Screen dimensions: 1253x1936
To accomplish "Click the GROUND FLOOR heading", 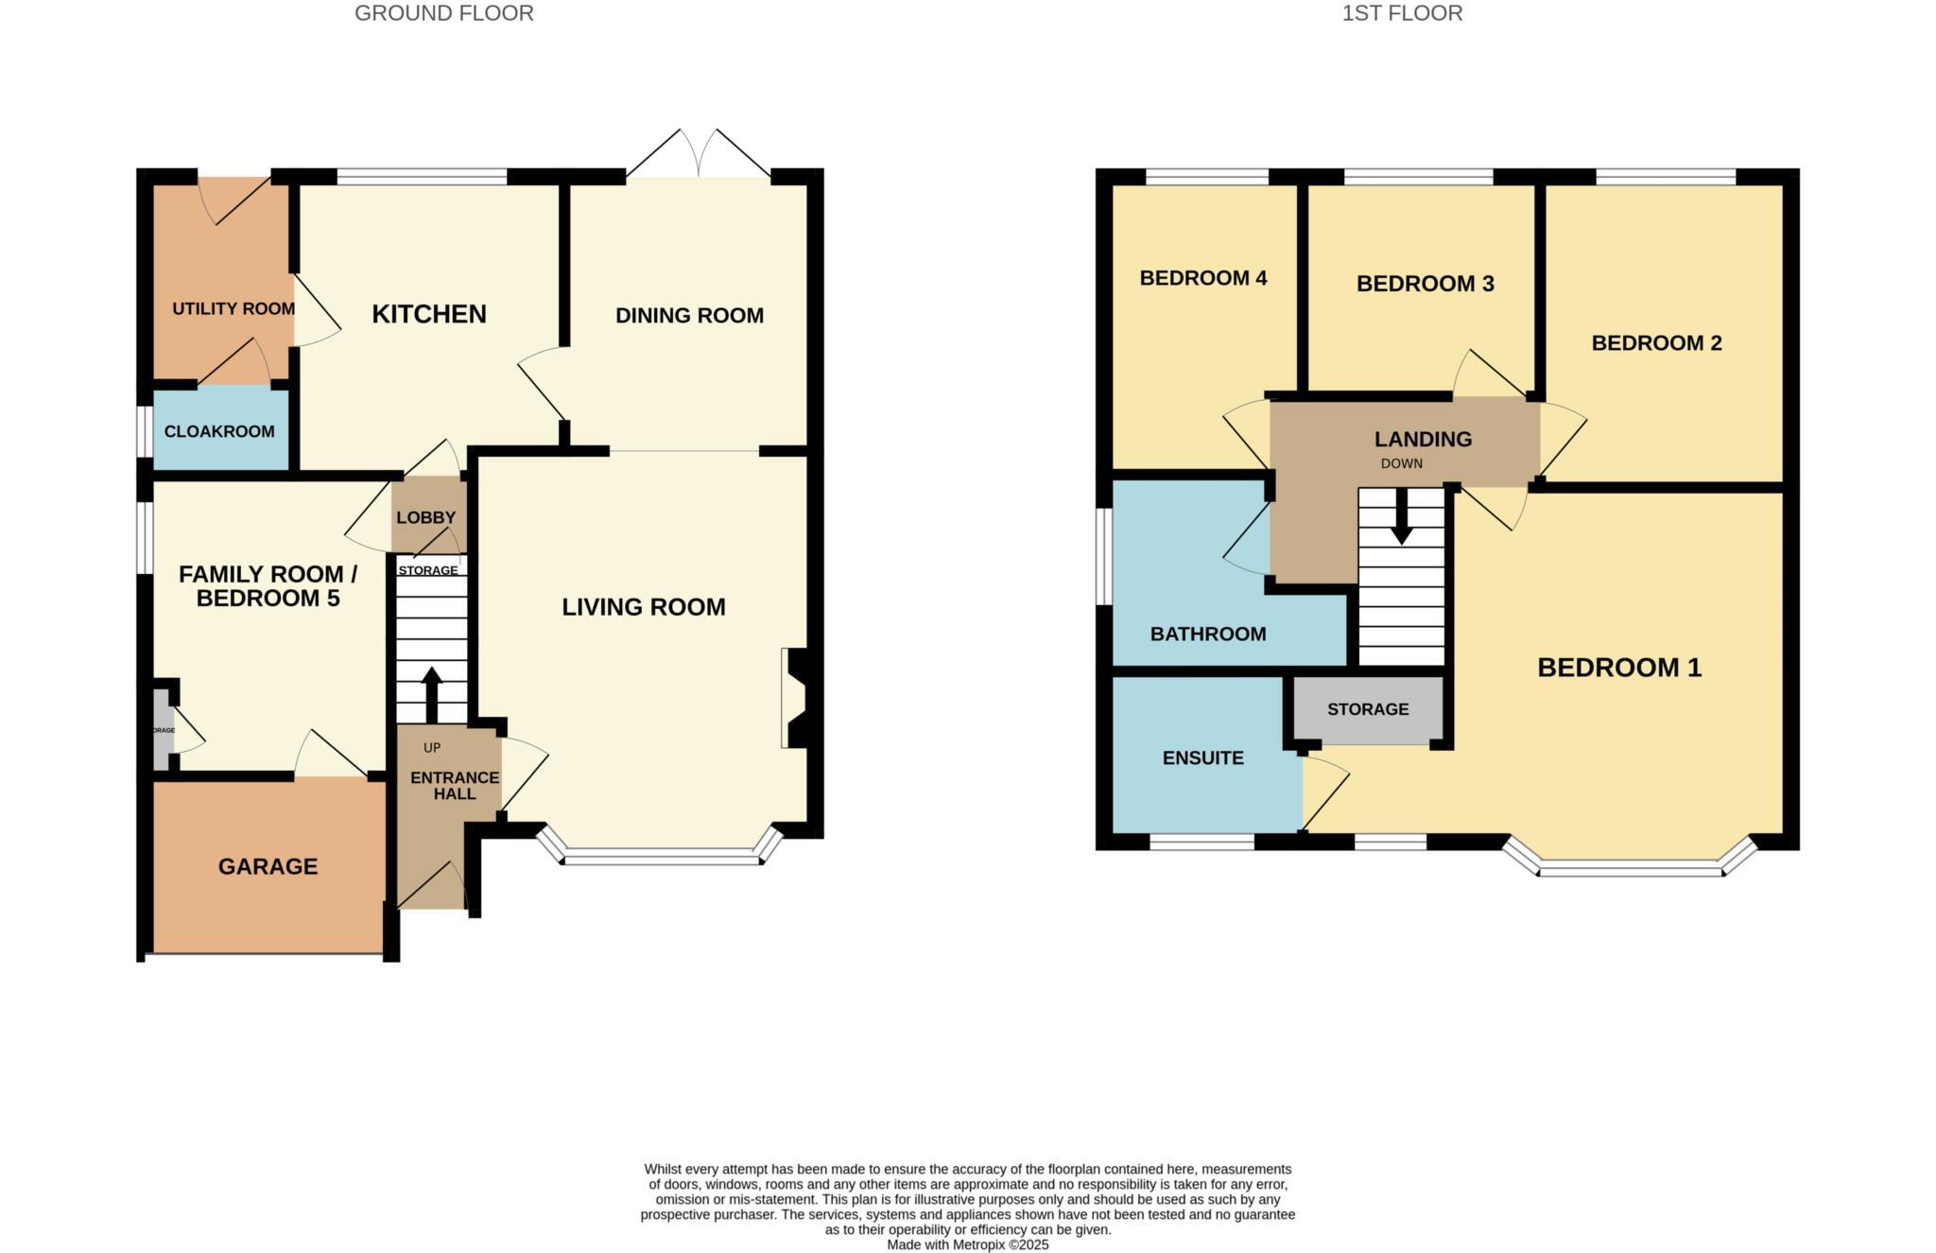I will [x=443, y=13].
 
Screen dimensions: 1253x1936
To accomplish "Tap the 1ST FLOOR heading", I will [x=1402, y=13].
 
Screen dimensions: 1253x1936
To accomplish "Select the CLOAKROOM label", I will [x=219, y=431].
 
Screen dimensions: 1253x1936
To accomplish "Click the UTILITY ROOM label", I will [x=233, y=308].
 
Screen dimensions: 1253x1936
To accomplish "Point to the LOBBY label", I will [x=425, y=517].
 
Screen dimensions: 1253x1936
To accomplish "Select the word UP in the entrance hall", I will [x=432, y=748].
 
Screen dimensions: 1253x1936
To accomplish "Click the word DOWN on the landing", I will [x=1401, y=463].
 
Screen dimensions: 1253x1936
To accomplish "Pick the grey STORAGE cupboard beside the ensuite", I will [x=1368, y=709].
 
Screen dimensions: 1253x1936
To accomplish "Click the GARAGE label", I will [x=268, y=866].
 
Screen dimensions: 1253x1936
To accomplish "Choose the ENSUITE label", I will [x=1202, y=757].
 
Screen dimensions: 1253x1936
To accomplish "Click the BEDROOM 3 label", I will [x=1425, y=284].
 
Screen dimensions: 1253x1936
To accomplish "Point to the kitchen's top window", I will [x=422, y=176].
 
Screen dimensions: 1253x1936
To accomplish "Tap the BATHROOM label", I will [x=1207, y=634].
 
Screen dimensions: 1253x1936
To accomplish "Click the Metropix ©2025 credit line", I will [x=967, y=1244].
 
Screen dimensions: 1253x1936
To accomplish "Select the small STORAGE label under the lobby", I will [x=427, y=570].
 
